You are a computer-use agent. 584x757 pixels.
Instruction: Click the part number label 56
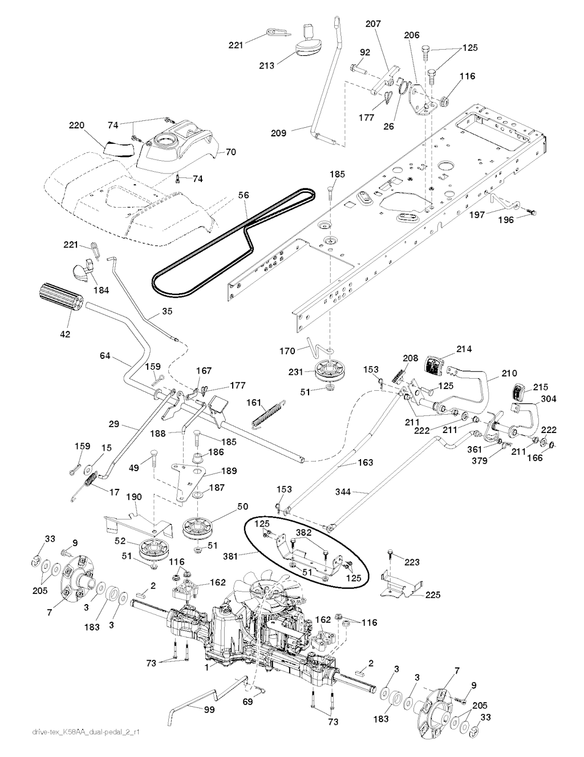point(244,195)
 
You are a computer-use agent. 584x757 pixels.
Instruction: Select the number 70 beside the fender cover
point(231,152)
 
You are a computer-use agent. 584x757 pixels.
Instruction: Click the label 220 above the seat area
point(76,124)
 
